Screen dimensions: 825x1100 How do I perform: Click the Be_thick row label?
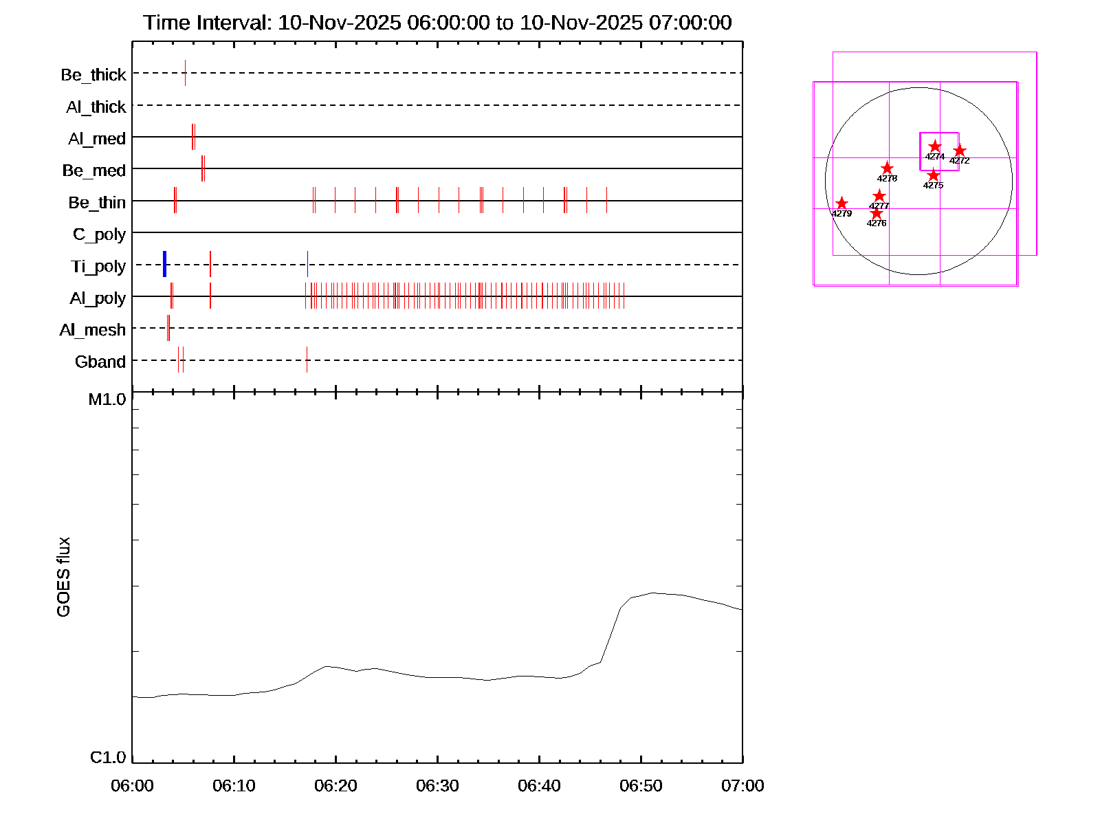coord(93,74)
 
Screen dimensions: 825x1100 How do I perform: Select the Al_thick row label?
coord(96,107)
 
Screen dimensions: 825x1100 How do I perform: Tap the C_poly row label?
coord(100,234)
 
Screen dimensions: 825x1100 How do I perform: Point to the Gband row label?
coord(100,362)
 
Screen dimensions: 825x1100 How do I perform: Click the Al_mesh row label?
coord(93,330)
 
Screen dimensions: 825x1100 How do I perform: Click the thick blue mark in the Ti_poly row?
coord(165,265)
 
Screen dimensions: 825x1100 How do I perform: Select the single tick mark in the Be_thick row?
coord(185,73)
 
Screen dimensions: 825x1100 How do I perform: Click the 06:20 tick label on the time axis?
coord(335,785)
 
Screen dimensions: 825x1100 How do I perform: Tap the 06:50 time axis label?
coord(641,785)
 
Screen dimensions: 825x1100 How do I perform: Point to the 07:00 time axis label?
coord(742,785)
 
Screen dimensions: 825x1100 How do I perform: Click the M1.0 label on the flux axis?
coord(107,399)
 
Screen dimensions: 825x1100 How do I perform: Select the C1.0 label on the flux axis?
coord(108,758)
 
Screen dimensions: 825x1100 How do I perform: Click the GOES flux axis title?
coord(63,577)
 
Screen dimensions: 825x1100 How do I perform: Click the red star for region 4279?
coord(841,203)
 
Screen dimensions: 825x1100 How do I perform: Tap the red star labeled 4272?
coord(960,151)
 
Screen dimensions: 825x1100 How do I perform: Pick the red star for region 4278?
coord(888,168)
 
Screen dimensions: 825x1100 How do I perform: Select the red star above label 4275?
coord(933,175)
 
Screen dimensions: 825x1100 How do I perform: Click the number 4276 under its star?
coord(877,223)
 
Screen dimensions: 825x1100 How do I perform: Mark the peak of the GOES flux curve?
coord(652,593)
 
